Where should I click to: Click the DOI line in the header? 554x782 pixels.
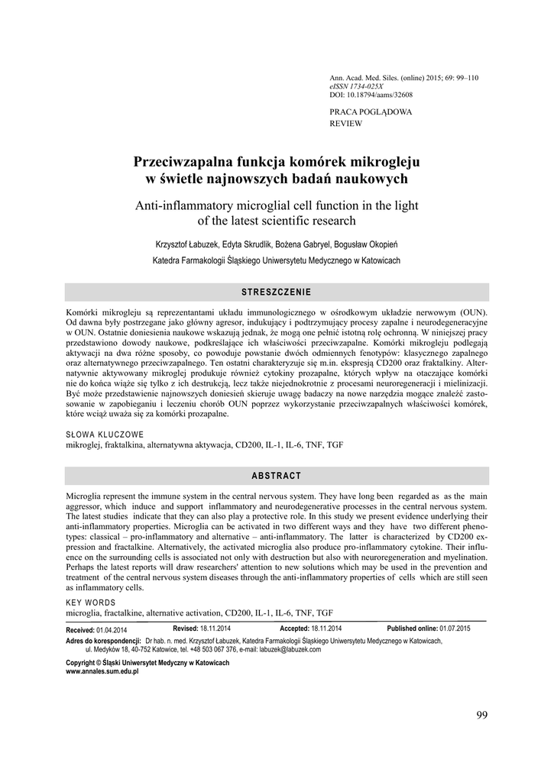click(x=371, y=95)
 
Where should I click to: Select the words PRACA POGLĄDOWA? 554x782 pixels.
click(x=370, y=111)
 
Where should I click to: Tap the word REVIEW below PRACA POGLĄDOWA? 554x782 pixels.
click(x=345, y=123)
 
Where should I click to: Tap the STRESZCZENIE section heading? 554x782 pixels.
click(x=277, y=292)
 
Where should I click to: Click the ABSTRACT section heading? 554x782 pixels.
click(x=277, y=476)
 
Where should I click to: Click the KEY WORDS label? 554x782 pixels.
click(x=91, y=603)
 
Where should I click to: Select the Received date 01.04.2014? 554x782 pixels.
click(x=112, y=629)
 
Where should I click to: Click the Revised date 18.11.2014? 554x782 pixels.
click(x=215, y=628)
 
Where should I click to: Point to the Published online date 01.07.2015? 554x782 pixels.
click(x=455, y=628)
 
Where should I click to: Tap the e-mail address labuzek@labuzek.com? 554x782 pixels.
click(x=290, y=649)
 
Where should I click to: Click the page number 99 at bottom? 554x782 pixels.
click(x=481, y=715)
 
